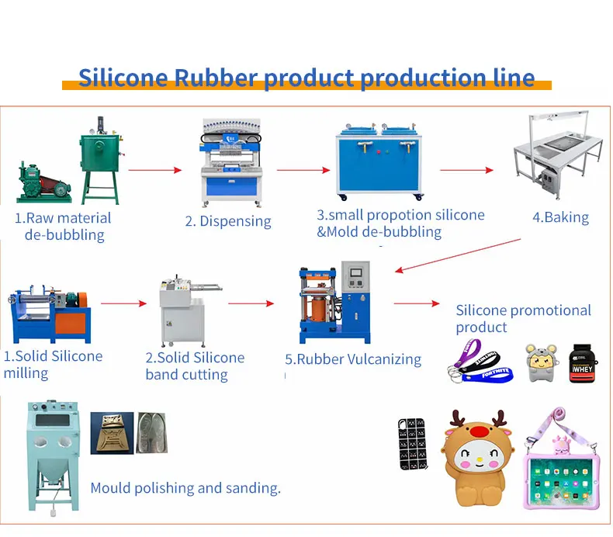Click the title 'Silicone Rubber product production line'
pyautogui.click(x=306, y=78)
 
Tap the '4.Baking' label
pyautogui.click(x=560, y=217)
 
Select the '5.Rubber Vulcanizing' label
pyautogui.click(x=353, y=359)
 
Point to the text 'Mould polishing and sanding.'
pyautogui.click(x=185, y=488)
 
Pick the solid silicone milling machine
pyautogui.click(x=47, y=314)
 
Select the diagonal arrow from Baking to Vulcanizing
pyautogui.click(x=457, y=255)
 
